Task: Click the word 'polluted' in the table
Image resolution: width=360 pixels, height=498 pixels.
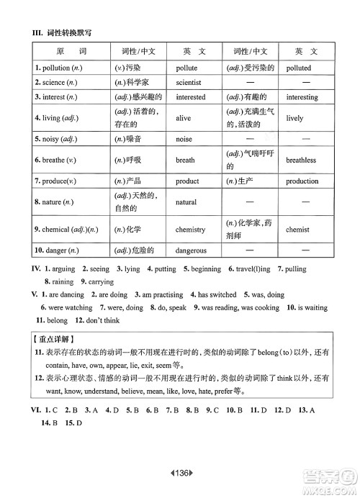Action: point(299,68)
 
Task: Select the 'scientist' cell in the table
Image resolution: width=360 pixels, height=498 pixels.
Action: point(188,82)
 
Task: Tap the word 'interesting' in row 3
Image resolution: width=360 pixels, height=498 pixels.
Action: point(302,96)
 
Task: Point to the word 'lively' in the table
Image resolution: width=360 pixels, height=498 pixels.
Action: point(294,118)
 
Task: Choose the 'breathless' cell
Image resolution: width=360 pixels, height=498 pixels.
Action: point(301,160)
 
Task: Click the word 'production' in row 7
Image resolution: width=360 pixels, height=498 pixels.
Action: point(302,181)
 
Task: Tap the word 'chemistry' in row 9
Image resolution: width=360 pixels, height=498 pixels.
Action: point(190,230)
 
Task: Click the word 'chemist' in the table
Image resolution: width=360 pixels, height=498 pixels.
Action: point(297,230)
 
